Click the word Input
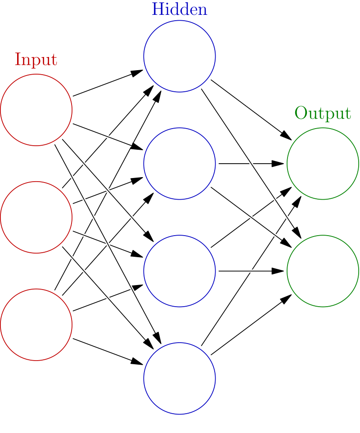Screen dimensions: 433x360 tap(36, 59)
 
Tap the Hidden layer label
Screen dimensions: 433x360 tap(180, 9)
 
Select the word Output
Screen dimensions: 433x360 tap(323, 113)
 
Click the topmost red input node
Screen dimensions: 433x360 tap(36, 110)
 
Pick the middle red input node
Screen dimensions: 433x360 tap(36, 217)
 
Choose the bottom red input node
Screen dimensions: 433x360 tap(36, 324)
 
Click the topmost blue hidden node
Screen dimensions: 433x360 tap(180, 56)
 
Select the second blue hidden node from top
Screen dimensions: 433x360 tap(180, 164)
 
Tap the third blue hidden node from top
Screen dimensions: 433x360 tap(180, 271)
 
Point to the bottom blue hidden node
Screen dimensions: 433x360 tap(180, 378)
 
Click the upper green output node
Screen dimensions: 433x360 tap(323, 164)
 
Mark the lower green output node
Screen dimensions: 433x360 tap(323, 271)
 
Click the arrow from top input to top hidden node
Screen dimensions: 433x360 tap(108, 83)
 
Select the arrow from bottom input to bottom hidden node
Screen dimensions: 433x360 tap(108, 351)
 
